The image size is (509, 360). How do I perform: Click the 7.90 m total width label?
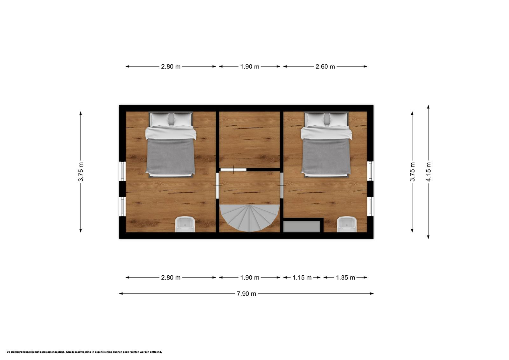coord(246,293)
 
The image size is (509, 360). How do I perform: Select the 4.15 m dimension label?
coord(428,172)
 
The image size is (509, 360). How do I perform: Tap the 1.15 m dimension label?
coord(302,278)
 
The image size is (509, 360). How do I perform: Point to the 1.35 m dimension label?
coord(345,278)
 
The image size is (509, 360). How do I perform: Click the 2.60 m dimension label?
coord(325,67)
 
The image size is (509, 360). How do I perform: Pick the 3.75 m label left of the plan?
coord(81,172)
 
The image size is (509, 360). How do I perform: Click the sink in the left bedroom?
coord(185,224)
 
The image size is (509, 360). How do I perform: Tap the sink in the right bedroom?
coord(347,224)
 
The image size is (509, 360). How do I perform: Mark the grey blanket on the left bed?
coord(171,157)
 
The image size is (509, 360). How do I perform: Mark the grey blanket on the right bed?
coord(326,157)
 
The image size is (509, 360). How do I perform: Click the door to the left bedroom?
coord(218,186)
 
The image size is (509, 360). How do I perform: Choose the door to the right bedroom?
coord(282,186)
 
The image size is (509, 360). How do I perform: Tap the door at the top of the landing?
coord(234,170)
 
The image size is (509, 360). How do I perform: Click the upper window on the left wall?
coord(122,171)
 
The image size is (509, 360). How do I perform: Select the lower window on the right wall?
coord(370,207)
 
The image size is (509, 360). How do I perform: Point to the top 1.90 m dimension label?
coord(250,67)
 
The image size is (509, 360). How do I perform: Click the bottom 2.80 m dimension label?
coord(171,278)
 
